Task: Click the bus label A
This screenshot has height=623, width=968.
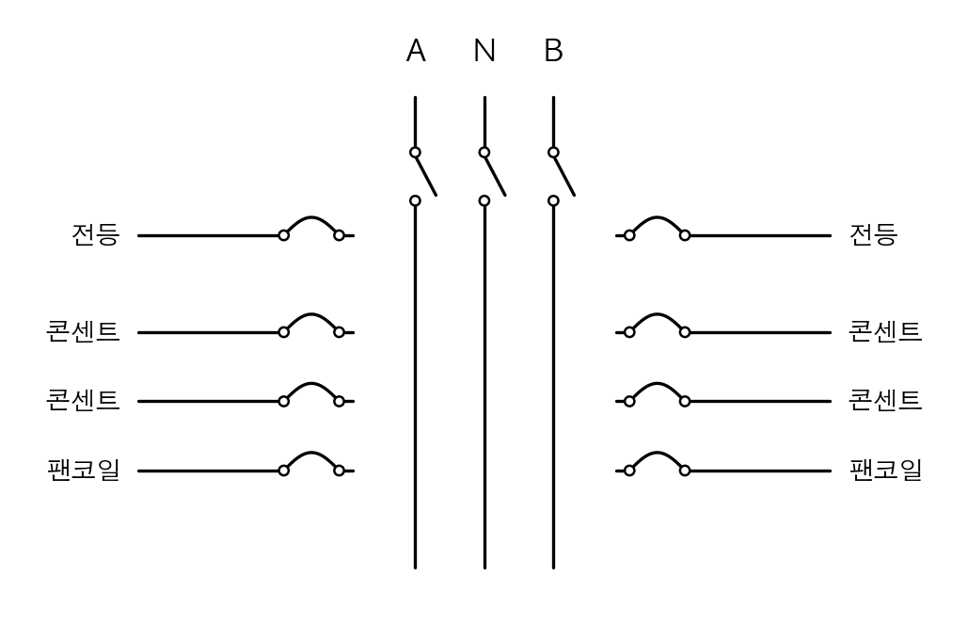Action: tap(416, 51)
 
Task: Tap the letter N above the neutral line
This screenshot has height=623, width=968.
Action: tap(484, 51)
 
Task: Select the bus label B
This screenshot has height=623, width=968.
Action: tap(554, 51)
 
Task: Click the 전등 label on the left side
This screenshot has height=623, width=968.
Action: tap(95, 235)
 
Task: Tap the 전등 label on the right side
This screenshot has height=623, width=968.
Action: tap(873, 235)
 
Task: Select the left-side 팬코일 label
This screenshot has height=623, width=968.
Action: tap(84, 471)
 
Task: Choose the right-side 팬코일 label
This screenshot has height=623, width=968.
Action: tap(885, 471)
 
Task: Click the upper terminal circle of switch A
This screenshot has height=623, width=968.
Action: tap(416, 152)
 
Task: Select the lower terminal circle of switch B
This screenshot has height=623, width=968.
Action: tap(554, 200)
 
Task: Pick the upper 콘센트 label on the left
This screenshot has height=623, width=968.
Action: tap(84, 332)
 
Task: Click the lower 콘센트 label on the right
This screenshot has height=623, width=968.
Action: tap(885, 401)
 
